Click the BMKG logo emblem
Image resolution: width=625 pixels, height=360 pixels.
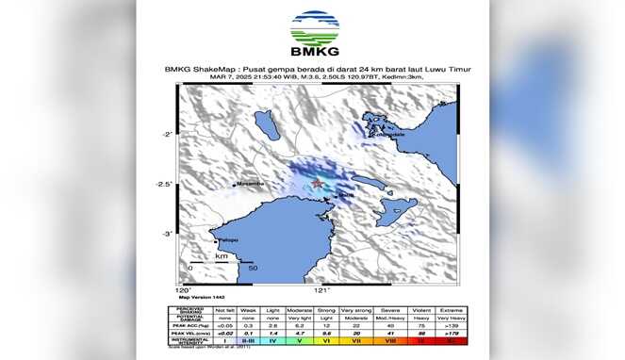click(x=313, y=28)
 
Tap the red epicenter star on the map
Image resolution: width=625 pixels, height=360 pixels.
click(x=318, y=182)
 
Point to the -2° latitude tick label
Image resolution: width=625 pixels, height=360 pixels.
click(x=166, y=135)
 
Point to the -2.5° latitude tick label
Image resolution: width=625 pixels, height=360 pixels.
click(x=164, y=184)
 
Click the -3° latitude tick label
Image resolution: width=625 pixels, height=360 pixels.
click(x=166, y=233)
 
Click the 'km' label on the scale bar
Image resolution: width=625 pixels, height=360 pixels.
click(x=221, y=255)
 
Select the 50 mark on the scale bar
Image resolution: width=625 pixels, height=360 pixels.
click(x=252, y=269)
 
